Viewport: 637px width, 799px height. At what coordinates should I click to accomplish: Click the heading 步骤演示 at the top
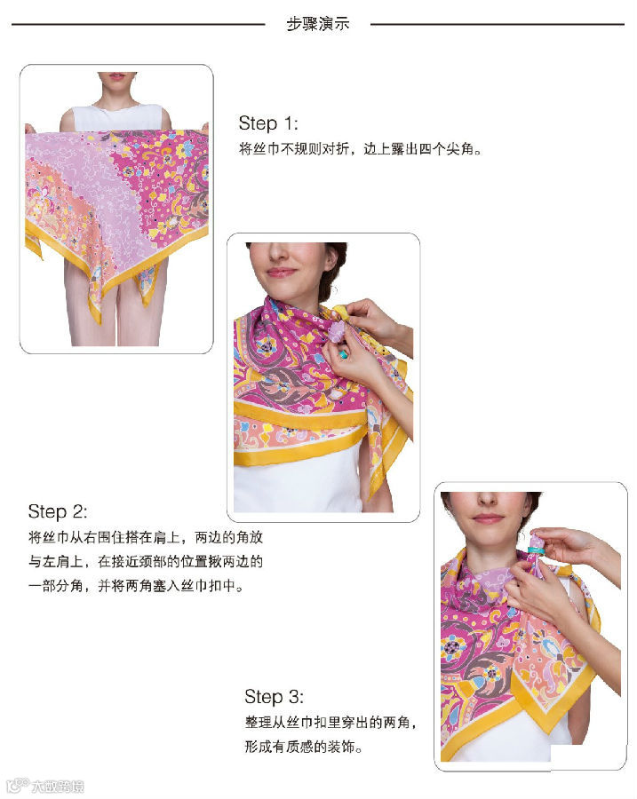pos(318,23)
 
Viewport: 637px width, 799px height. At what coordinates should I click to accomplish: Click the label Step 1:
pos(268,123)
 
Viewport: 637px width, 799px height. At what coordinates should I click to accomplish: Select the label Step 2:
pos(58,511)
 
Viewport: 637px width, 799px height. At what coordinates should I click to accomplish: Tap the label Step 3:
pos(274,697)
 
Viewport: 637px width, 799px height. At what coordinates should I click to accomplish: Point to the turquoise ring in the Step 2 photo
pos(343,353)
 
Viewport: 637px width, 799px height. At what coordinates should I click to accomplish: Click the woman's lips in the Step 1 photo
pos(116,76)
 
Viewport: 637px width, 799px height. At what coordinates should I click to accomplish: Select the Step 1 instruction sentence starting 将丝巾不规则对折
pos(360,149)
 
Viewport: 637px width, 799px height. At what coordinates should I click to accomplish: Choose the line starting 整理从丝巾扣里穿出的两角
pos(330,722)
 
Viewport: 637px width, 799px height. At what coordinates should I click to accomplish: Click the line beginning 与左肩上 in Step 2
pos(146,562)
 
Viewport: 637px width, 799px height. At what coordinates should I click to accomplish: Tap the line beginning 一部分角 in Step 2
pos(136,586)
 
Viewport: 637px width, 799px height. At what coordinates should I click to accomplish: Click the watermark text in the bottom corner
pos(46,786)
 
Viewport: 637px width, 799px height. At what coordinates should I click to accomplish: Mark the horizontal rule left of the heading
pos(139,24)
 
